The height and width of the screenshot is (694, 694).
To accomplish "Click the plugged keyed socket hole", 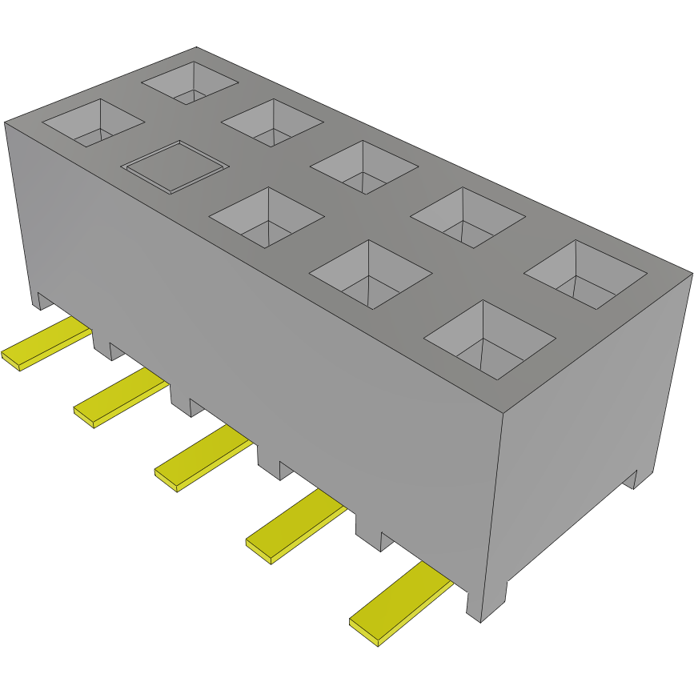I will click(175, 166).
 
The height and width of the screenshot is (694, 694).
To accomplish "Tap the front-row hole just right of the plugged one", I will click(267, 217).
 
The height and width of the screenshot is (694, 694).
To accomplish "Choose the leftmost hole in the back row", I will click(191, 82).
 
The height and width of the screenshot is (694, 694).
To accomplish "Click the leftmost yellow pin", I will click(44, 343).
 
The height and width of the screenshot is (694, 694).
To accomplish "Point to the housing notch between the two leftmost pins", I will click(102, 344).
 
